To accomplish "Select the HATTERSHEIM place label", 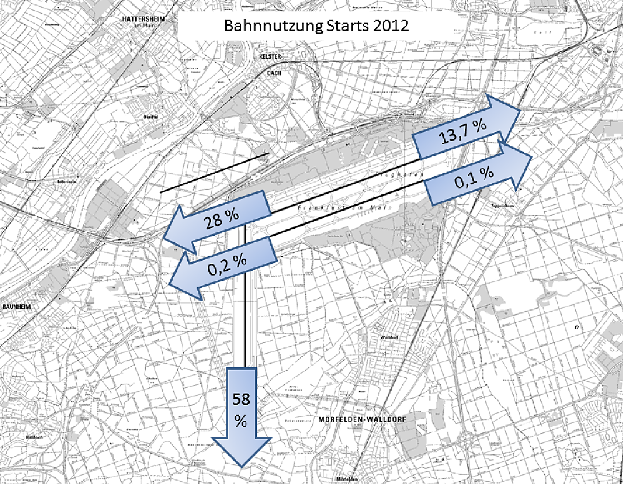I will click(x=148, y=19).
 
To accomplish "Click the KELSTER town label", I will click(x=271, y=57).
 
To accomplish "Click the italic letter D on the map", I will click(x=577, y=327).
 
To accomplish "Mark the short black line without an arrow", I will click(x=215, y=172).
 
